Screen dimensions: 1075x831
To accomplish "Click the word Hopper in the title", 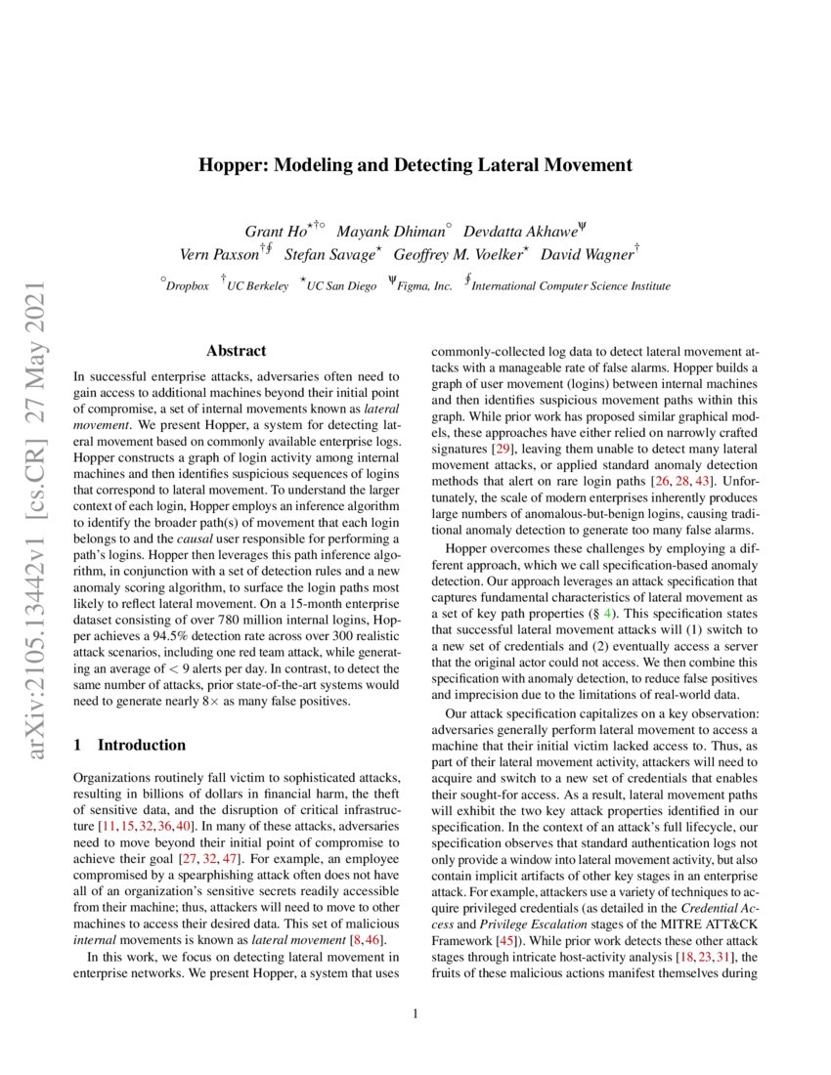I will (x=229, y=164).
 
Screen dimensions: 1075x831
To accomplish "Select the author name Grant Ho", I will (x=277, y=232).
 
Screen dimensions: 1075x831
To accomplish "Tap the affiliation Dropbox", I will (x=187, y=286).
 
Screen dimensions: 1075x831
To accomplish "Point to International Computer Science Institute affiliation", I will (x=571, y=286).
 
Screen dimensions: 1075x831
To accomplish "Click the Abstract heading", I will (x=236, y=351).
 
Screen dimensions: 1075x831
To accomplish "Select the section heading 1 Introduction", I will (x=130, y=745).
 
